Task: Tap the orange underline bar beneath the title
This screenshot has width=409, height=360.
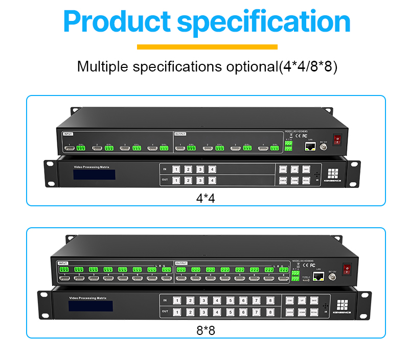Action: [207, 47]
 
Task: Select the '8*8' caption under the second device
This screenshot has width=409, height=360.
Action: [206, 330]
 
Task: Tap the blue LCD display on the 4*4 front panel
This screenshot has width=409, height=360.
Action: [93, 174]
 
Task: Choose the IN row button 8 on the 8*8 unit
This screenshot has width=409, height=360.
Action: [270, 301]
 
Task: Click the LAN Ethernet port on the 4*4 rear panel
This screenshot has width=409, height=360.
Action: [309, 147]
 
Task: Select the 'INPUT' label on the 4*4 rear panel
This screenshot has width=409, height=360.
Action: [69, 134]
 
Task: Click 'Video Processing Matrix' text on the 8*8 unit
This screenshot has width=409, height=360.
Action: [88, 297]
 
